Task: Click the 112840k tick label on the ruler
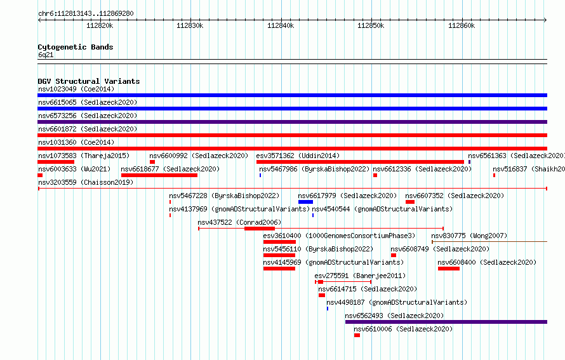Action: pos(281,25)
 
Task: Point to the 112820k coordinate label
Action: pos(100,25)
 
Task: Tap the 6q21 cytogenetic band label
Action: pos(46,55)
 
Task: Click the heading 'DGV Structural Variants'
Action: pos(89,81)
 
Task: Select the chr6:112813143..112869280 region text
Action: pos(86,14)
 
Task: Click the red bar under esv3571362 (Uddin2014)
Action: pos(360,162)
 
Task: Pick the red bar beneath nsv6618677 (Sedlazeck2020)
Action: pos(159,175)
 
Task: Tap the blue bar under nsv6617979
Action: pos(305,202)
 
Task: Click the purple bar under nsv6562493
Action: pos(446,322)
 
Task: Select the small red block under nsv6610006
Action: pos(357,335)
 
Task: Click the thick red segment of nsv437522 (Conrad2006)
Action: pos(260,229)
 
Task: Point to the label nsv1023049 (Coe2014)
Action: pos(76,89)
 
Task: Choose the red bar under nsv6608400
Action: pos(449,269)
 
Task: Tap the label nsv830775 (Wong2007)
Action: pos(469,236)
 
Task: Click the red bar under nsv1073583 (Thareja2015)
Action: pos(56,162)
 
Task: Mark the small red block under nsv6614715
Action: pos(322,295)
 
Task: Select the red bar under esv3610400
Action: pos(279,242)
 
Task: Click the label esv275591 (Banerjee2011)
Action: pos(360,276)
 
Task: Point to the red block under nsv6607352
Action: pos(410,202)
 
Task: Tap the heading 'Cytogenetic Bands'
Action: pos(76,47)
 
